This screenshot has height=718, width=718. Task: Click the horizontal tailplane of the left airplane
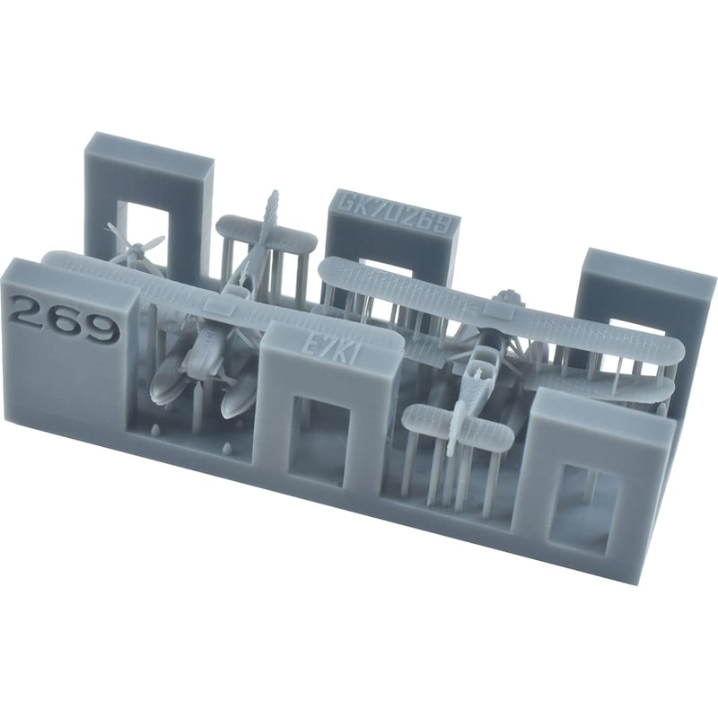pos(266,236)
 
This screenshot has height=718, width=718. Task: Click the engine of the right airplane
pos(511,302)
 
